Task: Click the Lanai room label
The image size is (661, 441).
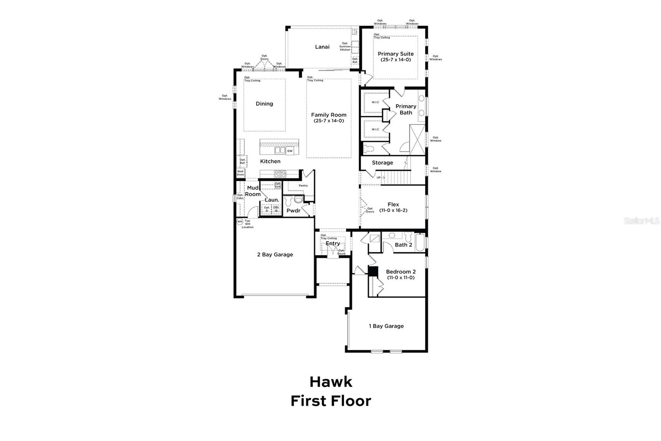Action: pos(322,47)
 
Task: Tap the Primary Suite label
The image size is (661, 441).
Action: pos(395,54)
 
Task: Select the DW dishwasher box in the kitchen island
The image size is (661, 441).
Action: pos(290,151)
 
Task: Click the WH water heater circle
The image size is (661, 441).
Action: pos(240,222)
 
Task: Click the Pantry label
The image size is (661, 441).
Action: pos(303,186)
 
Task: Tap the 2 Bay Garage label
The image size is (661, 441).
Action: pos(275,254)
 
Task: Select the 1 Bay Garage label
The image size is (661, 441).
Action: pos(386,326)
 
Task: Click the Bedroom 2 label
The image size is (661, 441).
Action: pos(400,272)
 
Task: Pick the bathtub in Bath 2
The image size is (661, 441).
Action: pos(419,243)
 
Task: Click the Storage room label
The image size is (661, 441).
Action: pos(382,163)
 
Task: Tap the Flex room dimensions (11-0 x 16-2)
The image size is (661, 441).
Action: pos(393,210)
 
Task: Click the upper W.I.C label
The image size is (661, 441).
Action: pos(375,102)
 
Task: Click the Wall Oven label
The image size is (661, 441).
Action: pos(240,173)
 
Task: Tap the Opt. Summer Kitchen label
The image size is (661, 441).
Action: pos(345,46)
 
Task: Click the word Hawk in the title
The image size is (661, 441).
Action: pos(330,381)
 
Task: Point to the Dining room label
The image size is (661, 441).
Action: pos(264,104)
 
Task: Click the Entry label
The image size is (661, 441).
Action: pos(333,243)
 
